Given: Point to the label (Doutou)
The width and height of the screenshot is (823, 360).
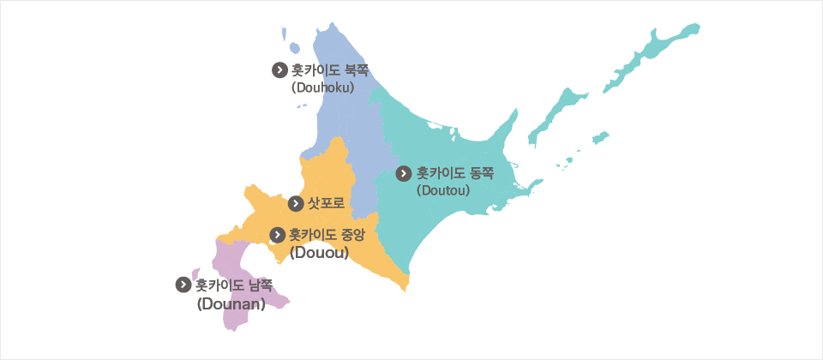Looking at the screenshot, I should [x=443, y=189].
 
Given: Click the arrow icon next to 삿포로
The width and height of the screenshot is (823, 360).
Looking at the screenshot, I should [x=296, y=203].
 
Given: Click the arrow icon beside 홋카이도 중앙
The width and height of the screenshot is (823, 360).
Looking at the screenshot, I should [x=278, y=234].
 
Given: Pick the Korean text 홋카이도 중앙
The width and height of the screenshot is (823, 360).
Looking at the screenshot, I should [x=329, y=234].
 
